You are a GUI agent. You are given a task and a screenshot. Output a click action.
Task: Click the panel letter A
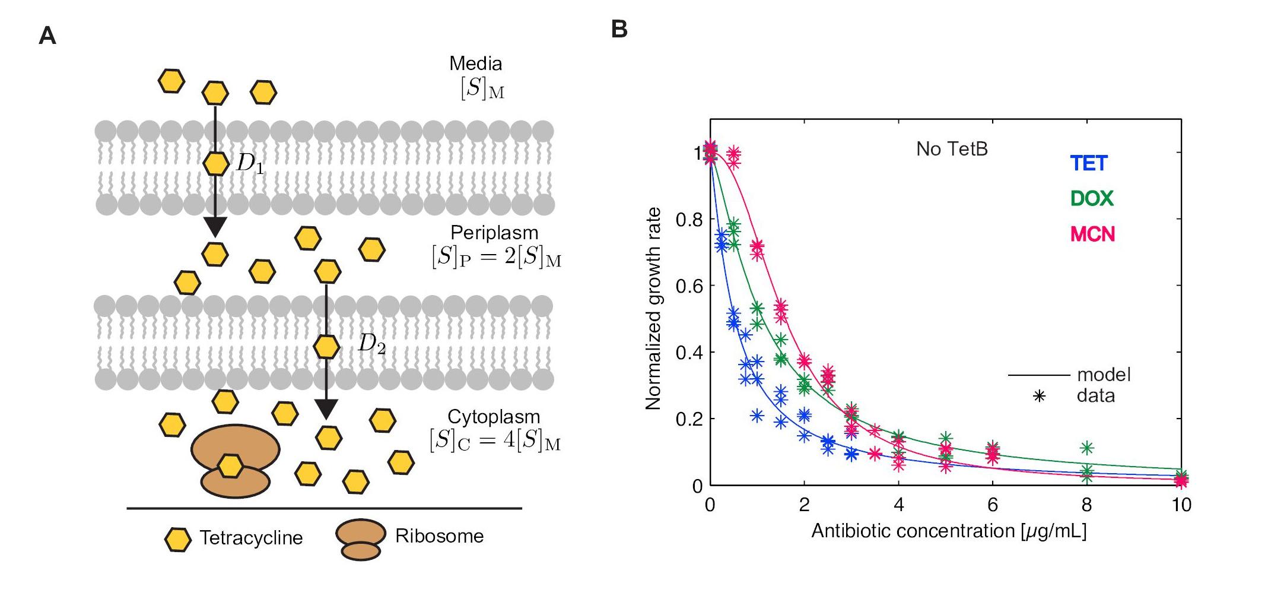pos(47,36)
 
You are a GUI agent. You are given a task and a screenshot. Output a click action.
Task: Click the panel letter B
pos(619,29)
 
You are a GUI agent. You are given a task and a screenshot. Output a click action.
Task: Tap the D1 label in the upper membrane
pos(250,163)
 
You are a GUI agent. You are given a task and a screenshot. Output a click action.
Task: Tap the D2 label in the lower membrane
pos(371,344)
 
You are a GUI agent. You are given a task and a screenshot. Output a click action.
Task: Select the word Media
pos(475,64)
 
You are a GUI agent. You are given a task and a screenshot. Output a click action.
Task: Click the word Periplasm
pos(494,233)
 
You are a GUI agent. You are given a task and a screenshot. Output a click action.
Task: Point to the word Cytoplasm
pos(494,417)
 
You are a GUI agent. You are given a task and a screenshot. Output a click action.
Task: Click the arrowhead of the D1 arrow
pos(215,226)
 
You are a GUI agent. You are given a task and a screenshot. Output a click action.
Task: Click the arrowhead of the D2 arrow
pos(326,409)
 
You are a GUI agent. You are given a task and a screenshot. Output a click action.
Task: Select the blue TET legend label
pos(1089,163)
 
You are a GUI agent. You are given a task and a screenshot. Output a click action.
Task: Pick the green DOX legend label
pos(1092,198)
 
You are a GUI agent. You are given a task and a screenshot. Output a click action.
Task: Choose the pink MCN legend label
pos(1092,234)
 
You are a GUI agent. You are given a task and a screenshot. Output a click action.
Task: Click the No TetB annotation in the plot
pos(952,149)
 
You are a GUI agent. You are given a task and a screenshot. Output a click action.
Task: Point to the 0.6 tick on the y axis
pos(689,286)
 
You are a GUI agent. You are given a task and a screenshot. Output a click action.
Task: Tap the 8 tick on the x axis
pos(1086,505)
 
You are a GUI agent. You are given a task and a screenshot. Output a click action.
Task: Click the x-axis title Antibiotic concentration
pos(948,531)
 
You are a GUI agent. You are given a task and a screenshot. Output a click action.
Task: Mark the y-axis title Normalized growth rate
pos(653,309)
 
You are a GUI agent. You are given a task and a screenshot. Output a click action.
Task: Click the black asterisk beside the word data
pos(1039,396)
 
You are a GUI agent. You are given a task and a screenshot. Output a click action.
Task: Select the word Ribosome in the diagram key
pos(439,536)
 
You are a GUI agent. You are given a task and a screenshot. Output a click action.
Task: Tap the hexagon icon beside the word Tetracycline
pos(177,540)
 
